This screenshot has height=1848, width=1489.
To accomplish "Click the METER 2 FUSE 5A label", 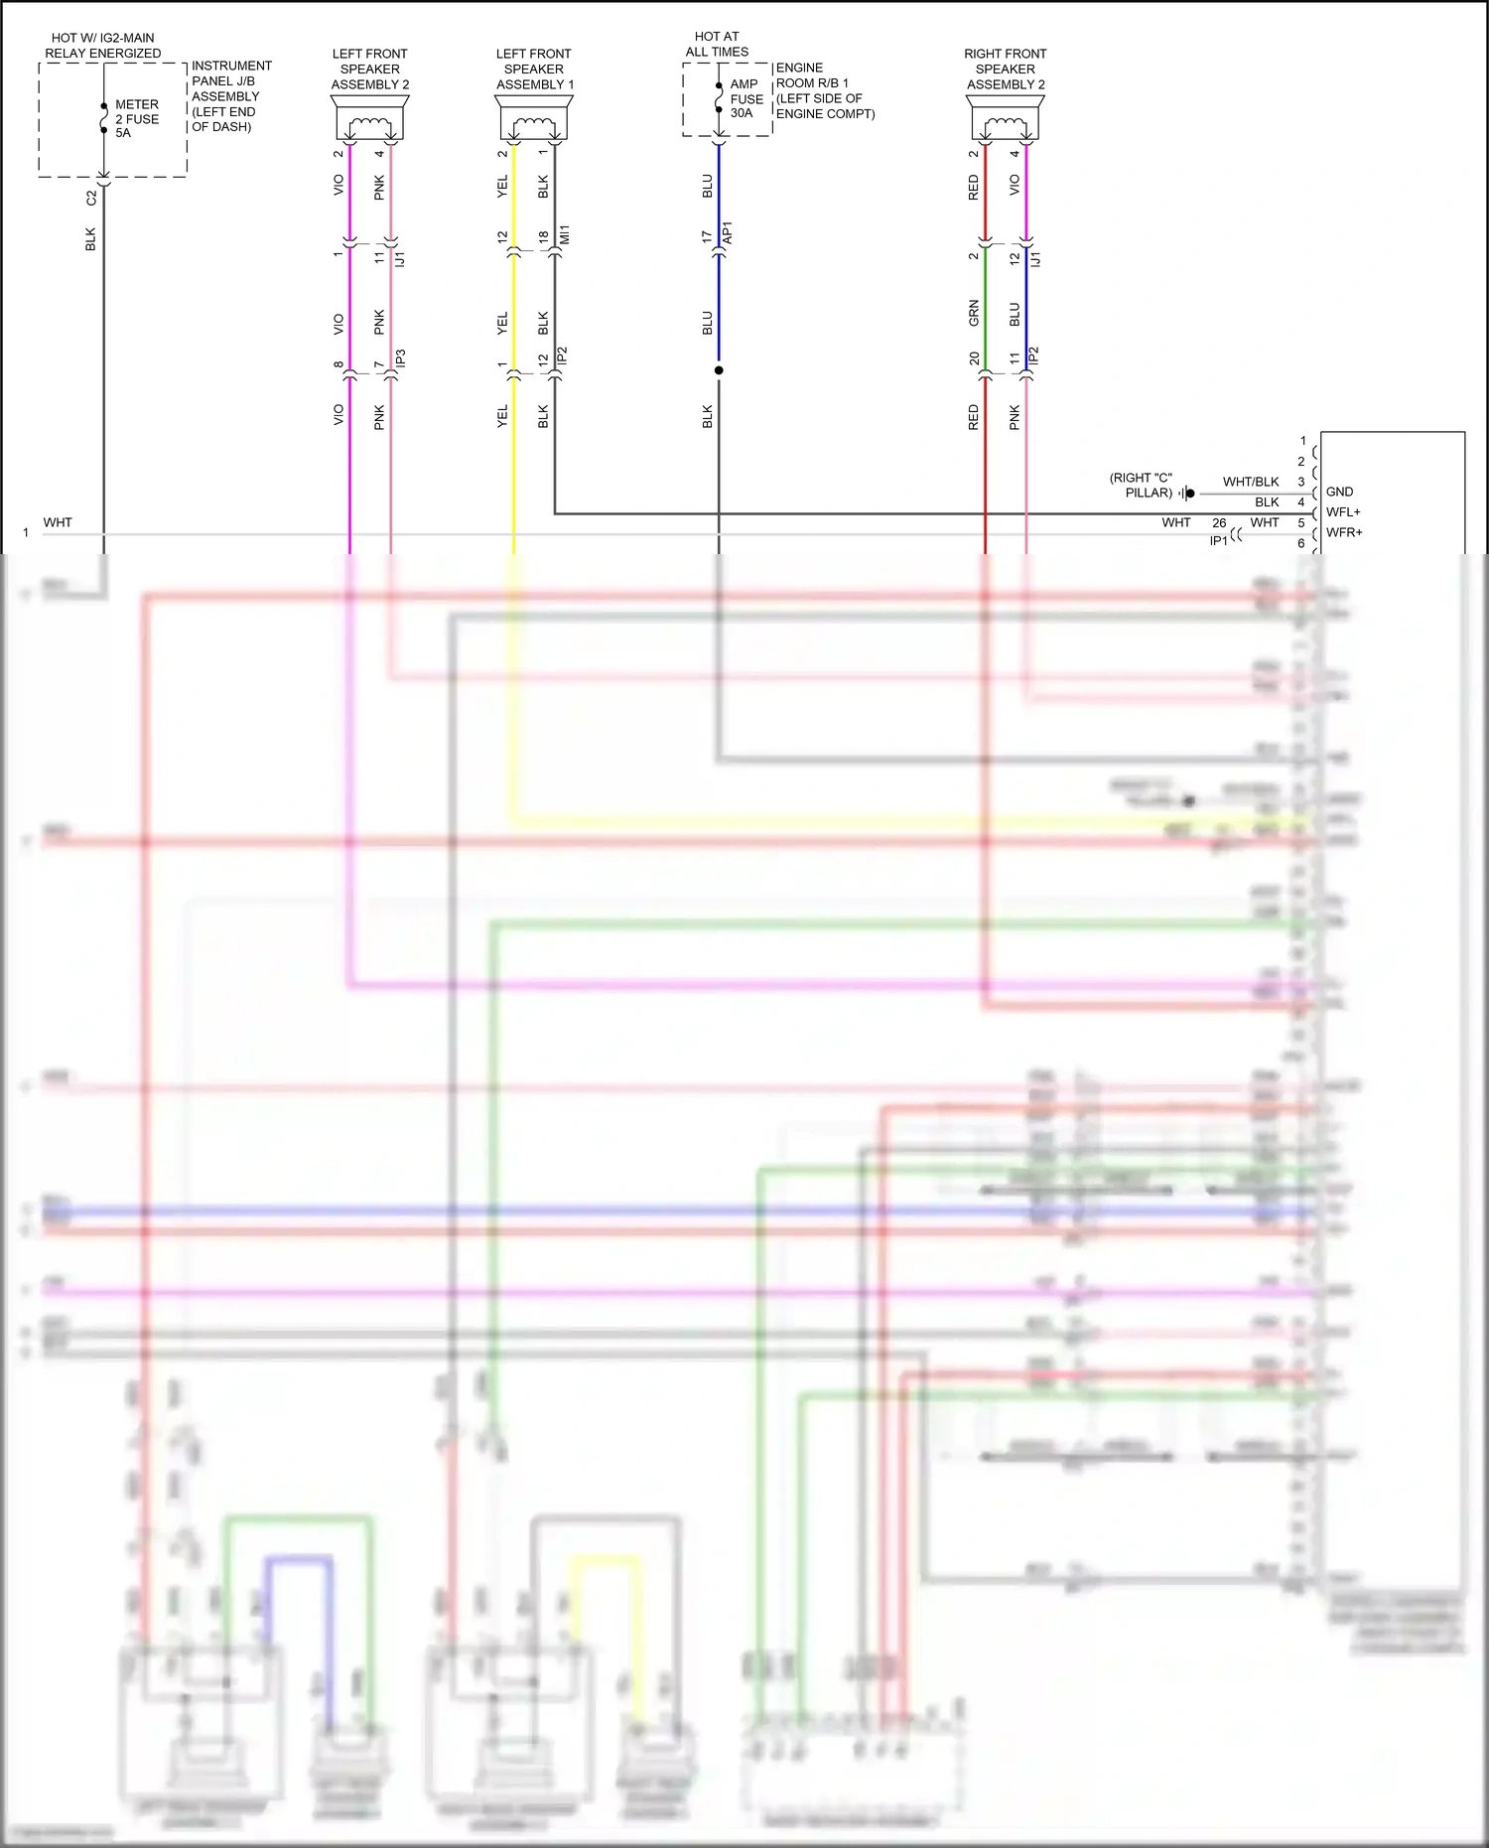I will pyautogui.click(x=136, y=118).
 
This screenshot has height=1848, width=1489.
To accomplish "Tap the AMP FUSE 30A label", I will pyautogui.click(x=746, y=98).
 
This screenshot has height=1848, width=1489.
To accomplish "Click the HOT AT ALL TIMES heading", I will pyautogui.click(x=717, y=44).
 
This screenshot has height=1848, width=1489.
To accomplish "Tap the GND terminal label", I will pyautogui.click(x=1339, y=492).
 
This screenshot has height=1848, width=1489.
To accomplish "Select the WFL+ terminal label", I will pyautogui.click(x=1343, y=512).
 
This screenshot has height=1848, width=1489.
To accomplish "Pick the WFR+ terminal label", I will pyautogui.click(x=1344, y=532).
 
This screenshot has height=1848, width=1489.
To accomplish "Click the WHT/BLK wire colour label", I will pyautogui.click(x=1251, y=482).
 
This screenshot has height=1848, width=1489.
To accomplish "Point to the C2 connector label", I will pyautogui.click(x=92, y=198).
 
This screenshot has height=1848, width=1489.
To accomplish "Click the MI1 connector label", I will pyautogui.click(x=565, y=235).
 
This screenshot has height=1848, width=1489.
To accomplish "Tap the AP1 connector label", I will pyautogui.click(x=728, y=233).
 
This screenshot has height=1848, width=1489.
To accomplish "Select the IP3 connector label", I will pyautogui.click(x=400, y=357).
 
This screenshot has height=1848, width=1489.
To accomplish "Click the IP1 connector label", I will pyautogui.click(x=1218, y=541).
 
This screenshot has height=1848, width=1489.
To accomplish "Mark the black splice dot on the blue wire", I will pyautogui.click(x=719, y=370).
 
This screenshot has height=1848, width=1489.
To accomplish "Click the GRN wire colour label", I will pyautogui.click(x=974, y=313).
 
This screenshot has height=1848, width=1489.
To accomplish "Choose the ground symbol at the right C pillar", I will pyautogui.click(x=1188, y=493).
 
